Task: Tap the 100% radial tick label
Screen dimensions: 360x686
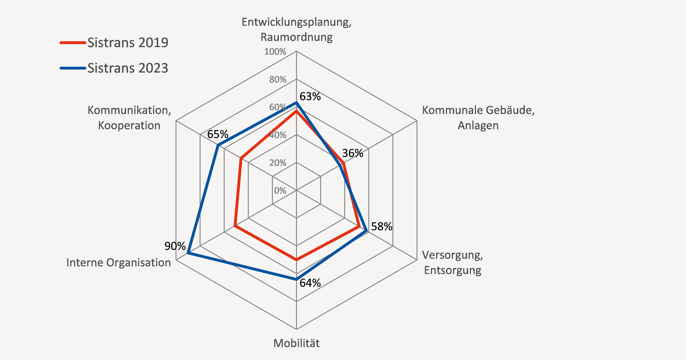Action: click(x=275, y=52)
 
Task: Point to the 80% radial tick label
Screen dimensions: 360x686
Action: click(x=278, y=79)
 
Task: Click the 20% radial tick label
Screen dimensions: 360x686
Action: click(x=278, y=163)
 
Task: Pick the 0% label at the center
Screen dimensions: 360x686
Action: click(x=280, y=191)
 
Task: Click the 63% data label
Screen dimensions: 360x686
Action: click(x=310, y=96)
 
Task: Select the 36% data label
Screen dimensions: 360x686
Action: click(x=352, y=153)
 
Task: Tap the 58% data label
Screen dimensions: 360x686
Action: click(x=381, y=226)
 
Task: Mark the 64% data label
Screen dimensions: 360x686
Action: click(x=310, y=283)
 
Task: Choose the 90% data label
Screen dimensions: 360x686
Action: click(x=175, y=246)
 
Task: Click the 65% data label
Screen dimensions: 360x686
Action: click(x=218, y=134)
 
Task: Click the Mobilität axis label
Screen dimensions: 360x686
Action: click(x=296, y=343)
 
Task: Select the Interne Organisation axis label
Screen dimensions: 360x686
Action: click(x=119, y=262)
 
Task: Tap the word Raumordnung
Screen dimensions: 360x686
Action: click(x=296, y=37)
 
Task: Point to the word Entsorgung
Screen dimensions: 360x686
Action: click(x=452, y=270)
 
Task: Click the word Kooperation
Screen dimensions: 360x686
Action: click(x=129, y=125)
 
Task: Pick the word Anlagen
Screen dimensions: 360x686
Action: click(x=478, y=125)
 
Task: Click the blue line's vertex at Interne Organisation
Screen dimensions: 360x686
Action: click(x=188, y=253)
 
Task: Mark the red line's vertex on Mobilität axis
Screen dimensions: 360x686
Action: click(x=296, y=260)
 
